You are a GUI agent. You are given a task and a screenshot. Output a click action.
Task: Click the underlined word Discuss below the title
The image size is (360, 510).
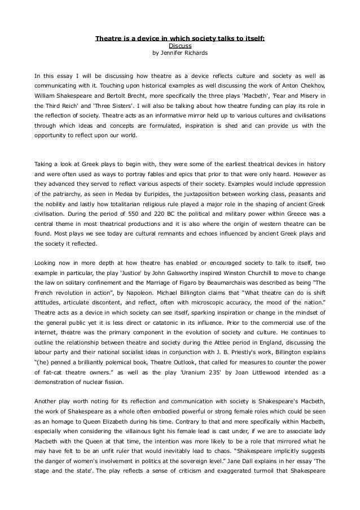(x=180, y=46)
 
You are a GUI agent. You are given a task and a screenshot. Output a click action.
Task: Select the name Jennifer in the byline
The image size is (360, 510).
(x=173, y=54)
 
